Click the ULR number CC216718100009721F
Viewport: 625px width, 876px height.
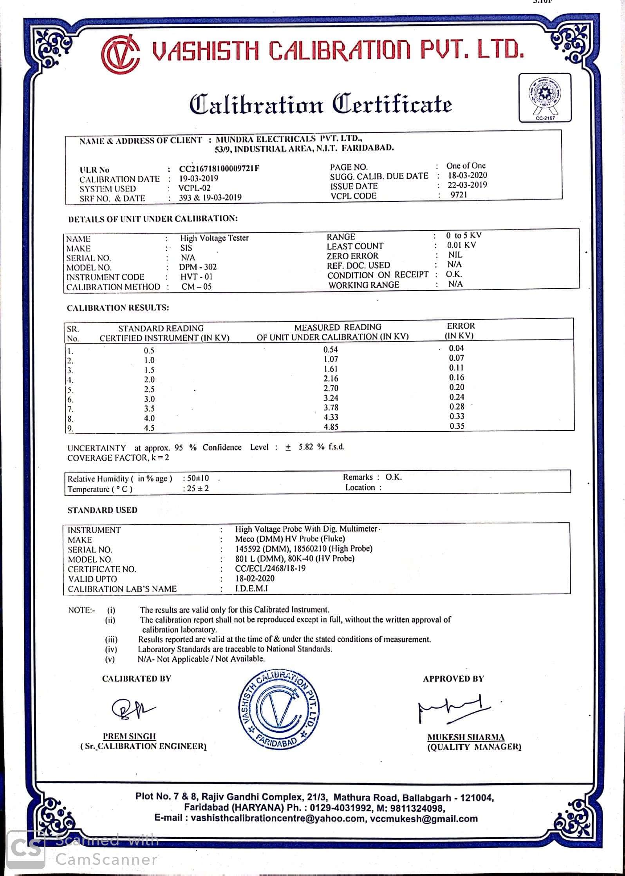click(219, 169)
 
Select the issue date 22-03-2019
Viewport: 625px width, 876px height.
click(467, 185)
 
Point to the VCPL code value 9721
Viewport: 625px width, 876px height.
click(459, 195)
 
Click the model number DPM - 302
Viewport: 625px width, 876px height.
click(198, 267)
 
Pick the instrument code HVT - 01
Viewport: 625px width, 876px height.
click(196, 277)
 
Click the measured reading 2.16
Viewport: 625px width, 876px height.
click(331, 378)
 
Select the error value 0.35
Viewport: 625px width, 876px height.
click(457, 426)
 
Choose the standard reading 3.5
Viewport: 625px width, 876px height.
click(149, 409)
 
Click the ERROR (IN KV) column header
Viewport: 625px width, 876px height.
click(460, 331)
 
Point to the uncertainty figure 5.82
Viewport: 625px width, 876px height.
click(306, 447)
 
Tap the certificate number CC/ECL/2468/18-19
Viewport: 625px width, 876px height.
click(270, 568)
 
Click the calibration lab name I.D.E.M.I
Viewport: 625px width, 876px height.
click(251, 588)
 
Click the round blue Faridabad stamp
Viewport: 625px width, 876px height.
click(279, 709)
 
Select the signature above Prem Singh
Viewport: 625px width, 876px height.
click(132, 709)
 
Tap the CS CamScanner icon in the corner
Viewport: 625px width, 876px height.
click(26, 849)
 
